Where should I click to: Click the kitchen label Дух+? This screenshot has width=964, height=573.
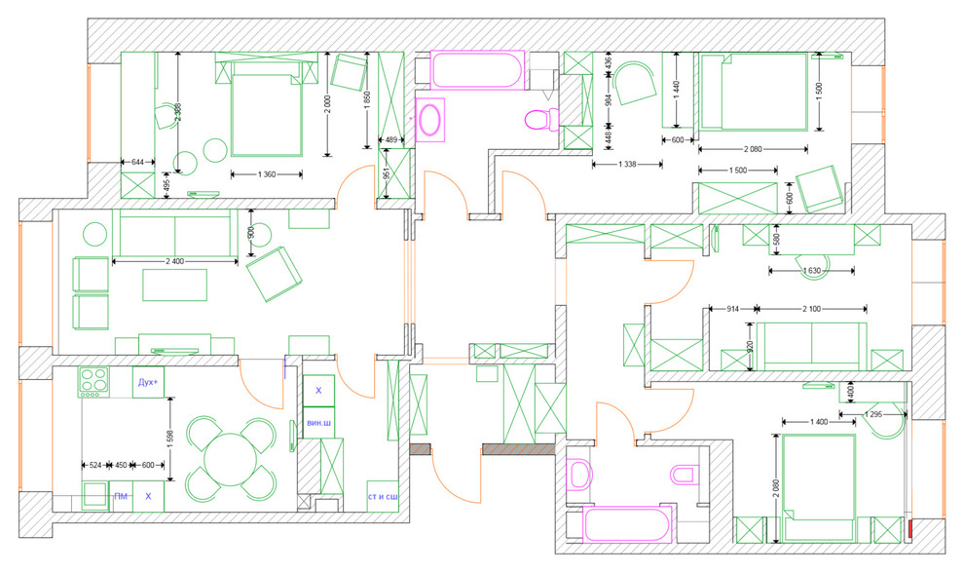(148, 382)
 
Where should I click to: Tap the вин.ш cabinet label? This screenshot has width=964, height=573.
(317, 424)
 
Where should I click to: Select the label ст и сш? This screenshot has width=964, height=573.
(382, 497)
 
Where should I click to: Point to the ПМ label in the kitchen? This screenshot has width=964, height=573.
(121, 497)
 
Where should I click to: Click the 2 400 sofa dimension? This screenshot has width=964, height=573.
(174, 261)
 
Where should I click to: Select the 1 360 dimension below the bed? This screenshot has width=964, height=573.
(266, 174)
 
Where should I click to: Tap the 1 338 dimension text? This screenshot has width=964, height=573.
(628, 165)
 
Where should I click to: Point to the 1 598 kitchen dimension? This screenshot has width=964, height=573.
(170, 439)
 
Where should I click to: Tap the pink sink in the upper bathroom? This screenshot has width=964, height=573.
(429, 120)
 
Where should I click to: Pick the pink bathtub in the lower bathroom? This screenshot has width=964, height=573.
(627, 524)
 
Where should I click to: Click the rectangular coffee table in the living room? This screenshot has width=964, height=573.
(175, 286)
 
